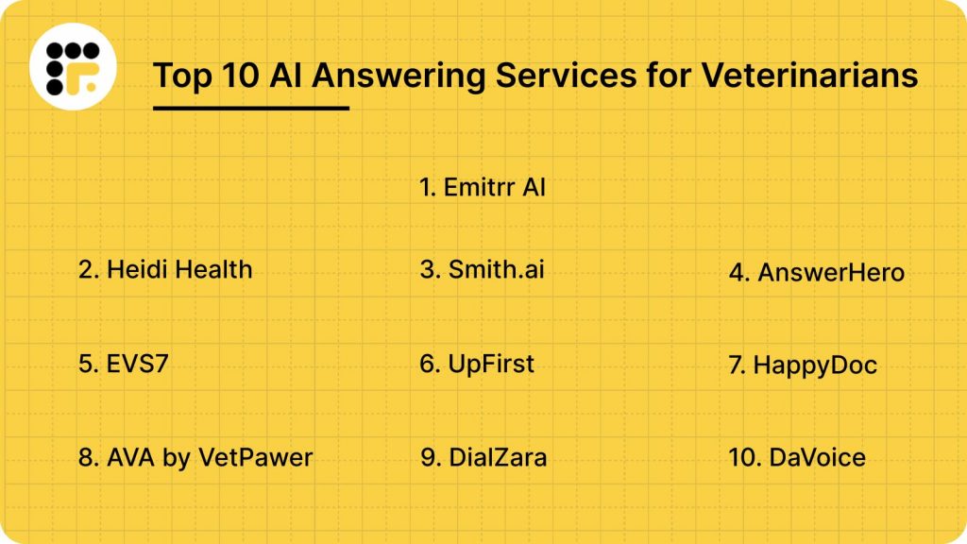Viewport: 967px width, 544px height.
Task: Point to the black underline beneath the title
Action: pyautogui.click(x=251, y=108)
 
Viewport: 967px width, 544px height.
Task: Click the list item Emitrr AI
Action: pyautogui.click(x=483, y=187)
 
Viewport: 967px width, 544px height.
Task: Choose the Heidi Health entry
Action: pyautogui.click(x=165, y=269)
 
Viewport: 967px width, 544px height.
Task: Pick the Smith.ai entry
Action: pyautogui.click(x=482, y=269)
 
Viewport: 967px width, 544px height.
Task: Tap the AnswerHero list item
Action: pyautogui.click(x=816, y=273)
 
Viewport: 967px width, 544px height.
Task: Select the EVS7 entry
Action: pyautogui.click(x=124, y=364)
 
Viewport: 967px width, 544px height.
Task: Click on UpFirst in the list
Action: pyautogui.click(x=477, y=364)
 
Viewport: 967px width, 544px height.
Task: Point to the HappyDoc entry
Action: pyautogui.click(x=803, y=365)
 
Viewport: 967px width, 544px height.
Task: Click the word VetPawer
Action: pyautogui.click(x=256, y=458)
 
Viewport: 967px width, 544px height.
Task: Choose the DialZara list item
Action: pyautogui.click(x=483, y=458)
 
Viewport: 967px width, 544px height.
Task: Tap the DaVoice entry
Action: pyautogui.click(x=797, y=458)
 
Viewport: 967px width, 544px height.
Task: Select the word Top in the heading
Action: pyautogui.click(x=183, y=75)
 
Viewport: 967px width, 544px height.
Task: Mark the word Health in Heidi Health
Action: pyautogui.click(x=212, y=269)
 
